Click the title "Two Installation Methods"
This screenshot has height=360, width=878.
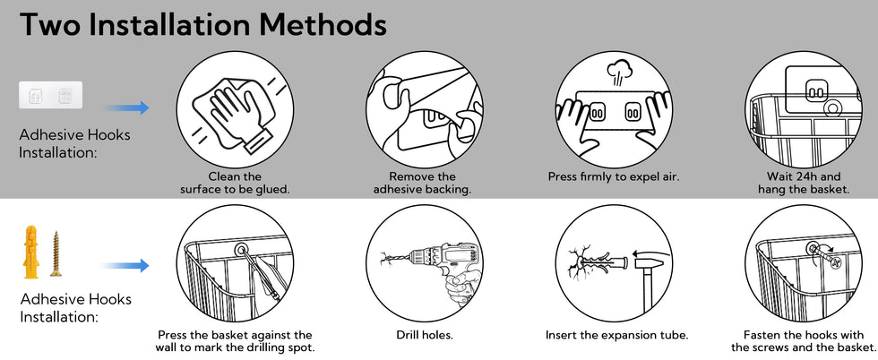pos(202,25)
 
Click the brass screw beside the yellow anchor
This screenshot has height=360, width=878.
pos(56,253)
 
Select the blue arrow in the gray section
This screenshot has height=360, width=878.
pos(126,107)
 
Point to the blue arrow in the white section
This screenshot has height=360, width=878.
pos(126,265)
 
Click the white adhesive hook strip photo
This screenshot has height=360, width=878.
pos(51,95)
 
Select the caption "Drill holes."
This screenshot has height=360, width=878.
pos(424,335)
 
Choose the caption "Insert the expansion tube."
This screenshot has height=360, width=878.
pos(616,335)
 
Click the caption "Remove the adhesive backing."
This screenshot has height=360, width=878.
pos(422,183)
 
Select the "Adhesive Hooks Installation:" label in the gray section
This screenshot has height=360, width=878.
pos(74,143)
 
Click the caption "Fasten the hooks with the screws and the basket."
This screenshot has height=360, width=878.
pos(803,341)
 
